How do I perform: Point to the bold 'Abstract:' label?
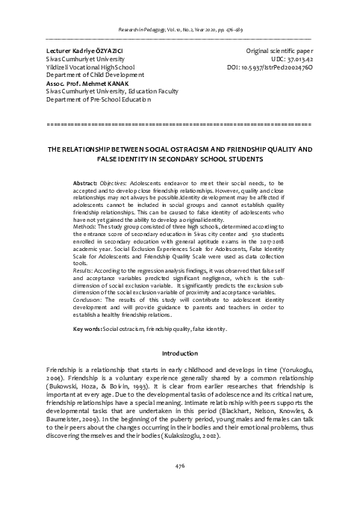pyautogui.click(x=86, y=183)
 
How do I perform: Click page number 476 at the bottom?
pyautogui.click(x=179, y=487)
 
